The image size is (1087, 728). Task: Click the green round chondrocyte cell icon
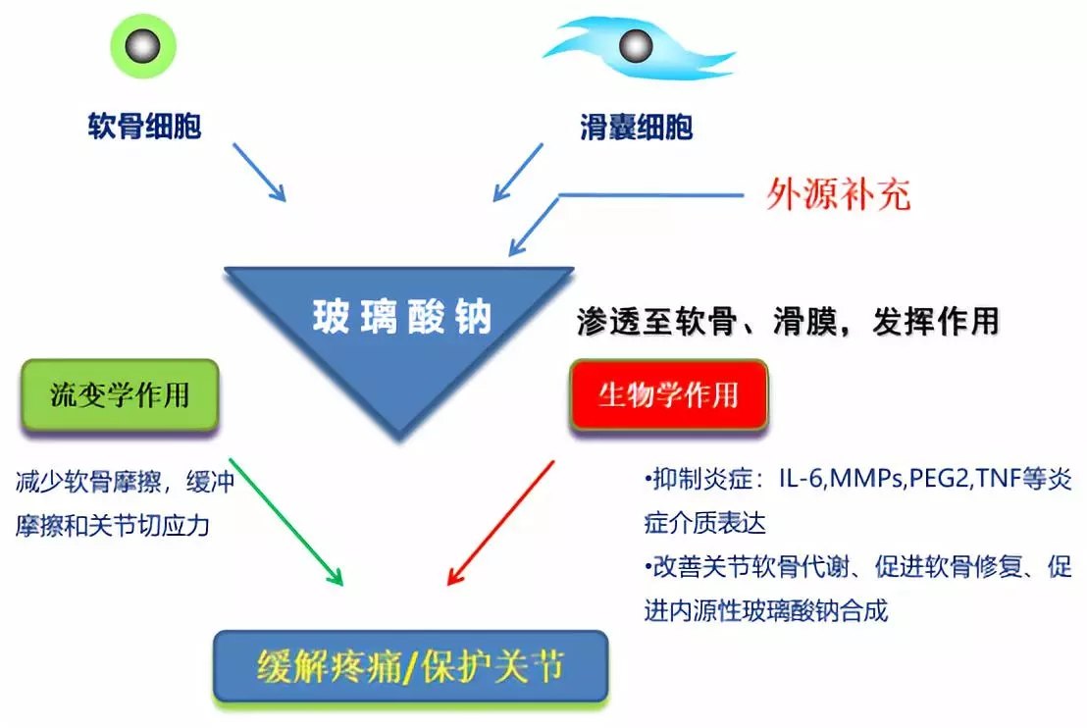point(143,46)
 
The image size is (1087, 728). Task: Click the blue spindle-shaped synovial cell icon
point(637,48)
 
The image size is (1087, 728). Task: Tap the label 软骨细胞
point(144,127)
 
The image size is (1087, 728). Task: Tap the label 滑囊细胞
point(637,127)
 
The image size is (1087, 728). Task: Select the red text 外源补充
point(838,193)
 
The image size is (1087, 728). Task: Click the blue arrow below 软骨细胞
point(259,173)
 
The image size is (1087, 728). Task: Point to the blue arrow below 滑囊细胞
point(518,173)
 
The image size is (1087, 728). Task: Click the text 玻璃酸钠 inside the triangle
point(402,317)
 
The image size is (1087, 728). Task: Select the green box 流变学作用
point(120,395)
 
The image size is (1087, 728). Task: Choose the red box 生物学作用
point(669,395)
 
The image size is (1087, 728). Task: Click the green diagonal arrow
point(286,522)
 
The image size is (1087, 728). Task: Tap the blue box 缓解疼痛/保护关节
point(410,666)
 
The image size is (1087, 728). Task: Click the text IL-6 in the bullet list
point(802,479)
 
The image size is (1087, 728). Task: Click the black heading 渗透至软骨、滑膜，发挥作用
point(788,322)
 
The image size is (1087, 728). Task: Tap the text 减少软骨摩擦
point(87,481)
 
